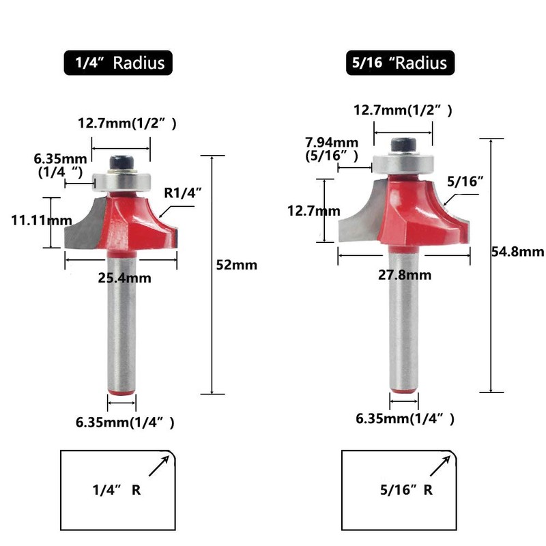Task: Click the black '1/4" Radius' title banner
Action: [118, 63]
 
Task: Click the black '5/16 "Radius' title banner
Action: [400, 63]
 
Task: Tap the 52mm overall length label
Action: [237, 265]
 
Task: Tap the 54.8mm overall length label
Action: [518, 252]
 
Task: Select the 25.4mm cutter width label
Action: [125, 278]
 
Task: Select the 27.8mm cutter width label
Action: [405, 275]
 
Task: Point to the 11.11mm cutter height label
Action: [42, 220]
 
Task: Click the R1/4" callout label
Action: [183, 192]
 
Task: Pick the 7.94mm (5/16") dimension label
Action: [332, 149]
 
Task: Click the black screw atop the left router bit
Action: [122, 162]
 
